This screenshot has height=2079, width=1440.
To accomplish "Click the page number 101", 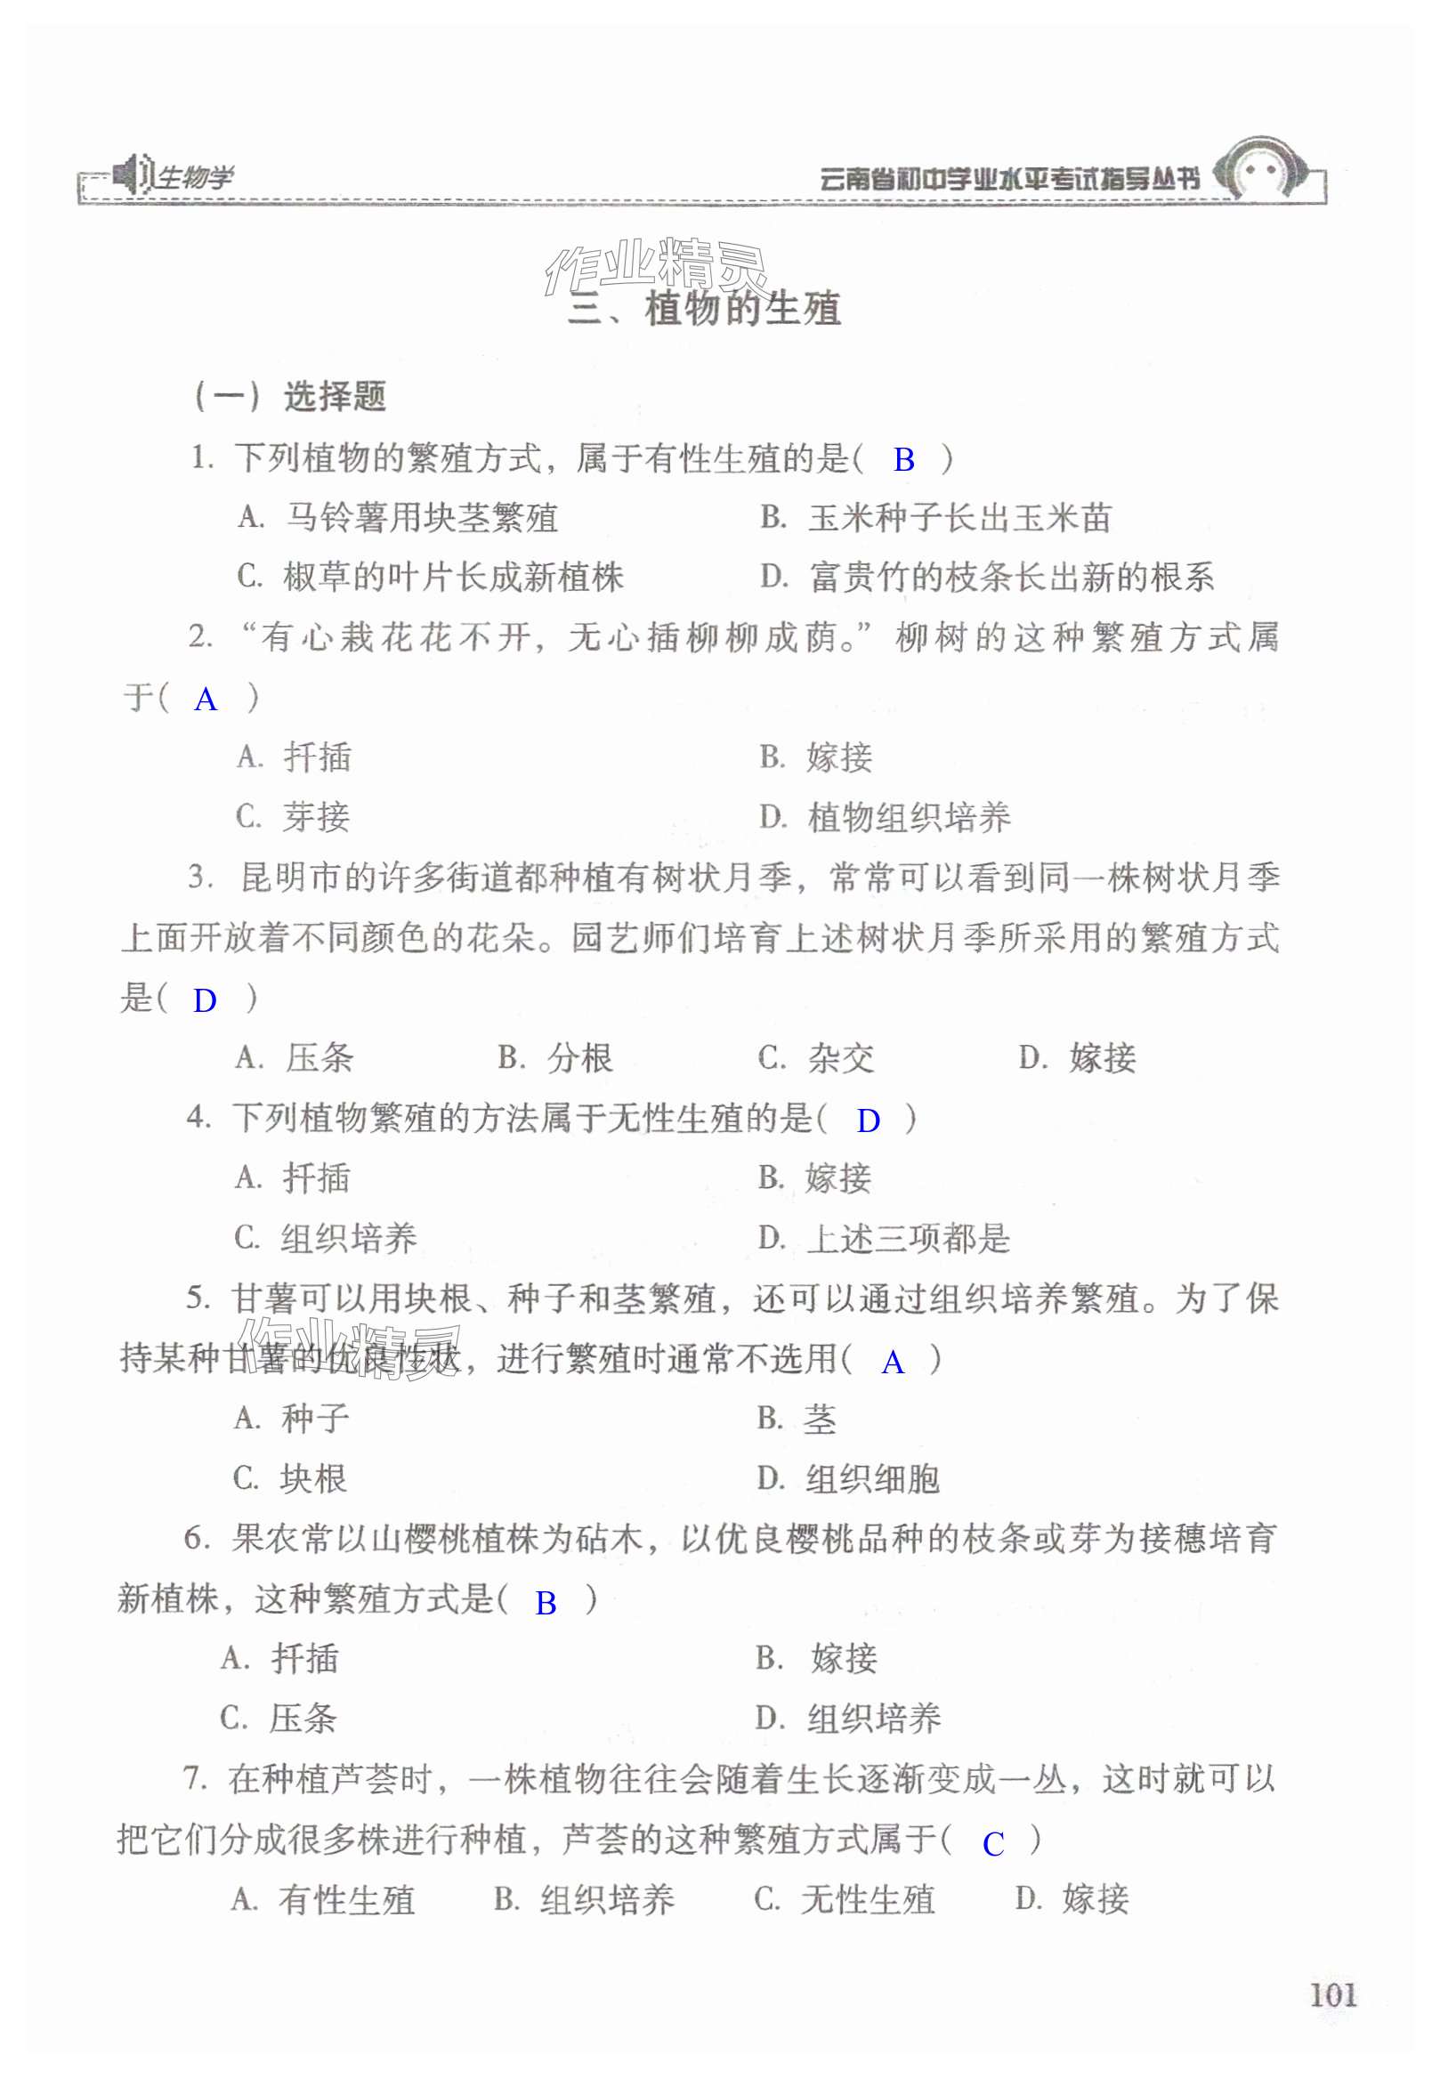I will (1332, 1994).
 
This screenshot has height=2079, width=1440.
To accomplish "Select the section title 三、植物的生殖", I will (704, 310).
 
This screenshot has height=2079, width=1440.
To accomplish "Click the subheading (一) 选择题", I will (290, 396).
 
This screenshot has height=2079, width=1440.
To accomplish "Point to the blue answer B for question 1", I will (903, 460).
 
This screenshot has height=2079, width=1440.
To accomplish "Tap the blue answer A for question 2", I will (206, 700).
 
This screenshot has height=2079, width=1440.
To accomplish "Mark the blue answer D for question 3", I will (205, 1000).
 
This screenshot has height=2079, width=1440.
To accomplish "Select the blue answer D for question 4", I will (868, 1120).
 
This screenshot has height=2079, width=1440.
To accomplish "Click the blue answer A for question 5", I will (893, 1362).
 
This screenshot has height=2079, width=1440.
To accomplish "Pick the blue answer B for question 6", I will (545, 1603).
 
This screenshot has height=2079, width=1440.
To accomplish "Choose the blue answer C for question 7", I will (992, 1843).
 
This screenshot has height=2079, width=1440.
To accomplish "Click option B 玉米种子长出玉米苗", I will (935, 518).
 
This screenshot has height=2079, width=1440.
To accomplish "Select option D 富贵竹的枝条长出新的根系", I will (987, 578).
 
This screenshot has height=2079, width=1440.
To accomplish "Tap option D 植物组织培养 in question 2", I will (885, 818).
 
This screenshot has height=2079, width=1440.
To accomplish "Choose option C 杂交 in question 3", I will (815, 1057).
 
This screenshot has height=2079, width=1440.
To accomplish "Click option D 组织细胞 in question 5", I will (848, 1479).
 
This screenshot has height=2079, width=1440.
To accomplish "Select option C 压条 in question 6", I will (279, 1718).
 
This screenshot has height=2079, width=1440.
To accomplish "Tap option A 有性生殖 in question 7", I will (323, 1900).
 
